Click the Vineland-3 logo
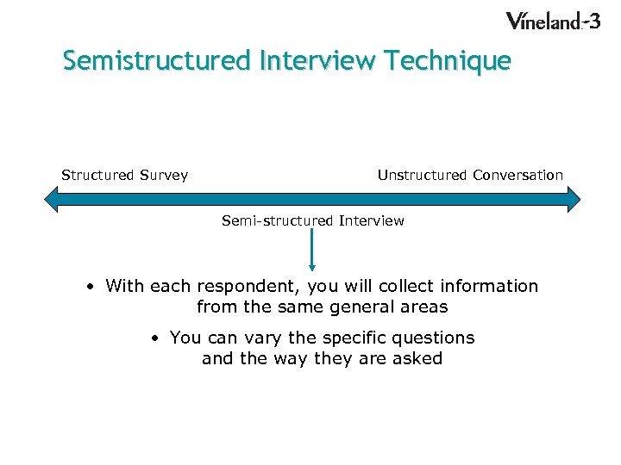[x=552, y=21]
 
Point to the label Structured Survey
[x=124, y=175]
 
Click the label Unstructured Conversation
[x=470, y=175]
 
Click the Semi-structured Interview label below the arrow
[x=312, y=220]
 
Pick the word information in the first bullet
[x=488, y=286]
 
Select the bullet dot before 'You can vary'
[x=154, y=338]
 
